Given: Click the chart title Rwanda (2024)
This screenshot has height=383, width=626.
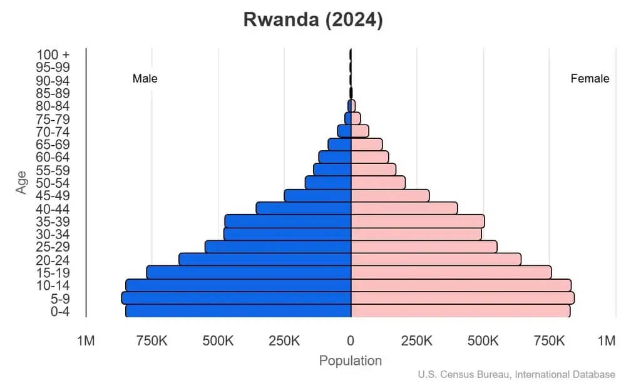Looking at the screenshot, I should (312, 20).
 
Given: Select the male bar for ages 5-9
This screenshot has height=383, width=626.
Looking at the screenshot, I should (236, 298).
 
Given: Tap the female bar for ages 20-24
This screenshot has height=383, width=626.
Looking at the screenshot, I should (436, 259).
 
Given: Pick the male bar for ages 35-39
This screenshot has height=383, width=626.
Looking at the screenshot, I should (288, 221).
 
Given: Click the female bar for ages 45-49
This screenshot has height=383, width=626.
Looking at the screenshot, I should (390, 195).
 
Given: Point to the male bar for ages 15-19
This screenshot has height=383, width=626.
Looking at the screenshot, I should (249, 272).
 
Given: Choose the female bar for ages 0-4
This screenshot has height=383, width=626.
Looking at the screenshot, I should (460, 311).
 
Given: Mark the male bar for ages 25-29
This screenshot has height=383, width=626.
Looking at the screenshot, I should (278, 247).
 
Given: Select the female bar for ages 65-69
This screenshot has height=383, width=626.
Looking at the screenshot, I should (366, 144).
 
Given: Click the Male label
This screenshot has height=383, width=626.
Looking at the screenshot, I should (145, 79).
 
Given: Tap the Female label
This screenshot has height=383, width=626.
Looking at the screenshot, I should (590, 79).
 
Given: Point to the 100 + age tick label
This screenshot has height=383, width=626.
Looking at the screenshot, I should (53, 54).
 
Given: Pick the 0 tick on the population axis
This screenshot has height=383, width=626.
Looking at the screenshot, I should (351, 341).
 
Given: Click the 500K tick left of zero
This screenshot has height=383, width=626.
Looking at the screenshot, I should (218, 341).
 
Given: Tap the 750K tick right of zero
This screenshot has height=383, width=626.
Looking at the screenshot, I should (549, 341).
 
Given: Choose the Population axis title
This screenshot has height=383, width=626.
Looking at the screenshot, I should (351, 361).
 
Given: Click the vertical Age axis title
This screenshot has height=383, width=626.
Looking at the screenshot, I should (22, 182).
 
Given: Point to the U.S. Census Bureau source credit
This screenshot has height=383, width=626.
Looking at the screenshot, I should (516, 374).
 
